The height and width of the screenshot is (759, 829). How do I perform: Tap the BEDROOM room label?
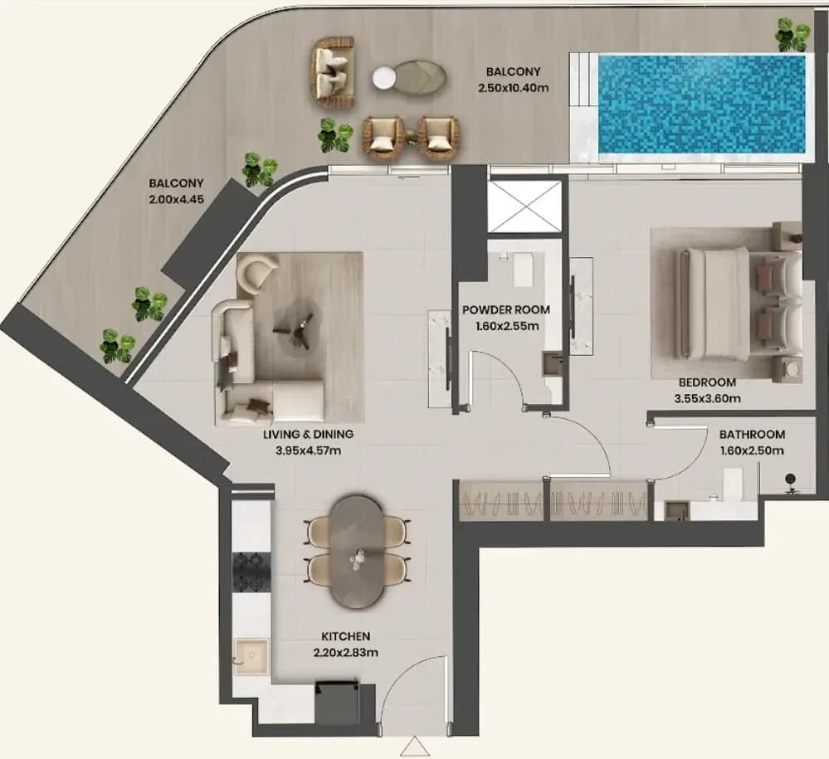pyautogui.click(x=707, y=382)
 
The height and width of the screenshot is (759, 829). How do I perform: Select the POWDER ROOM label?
pyautogui.click(x=506, y=309)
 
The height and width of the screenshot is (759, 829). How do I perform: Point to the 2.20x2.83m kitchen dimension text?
pyautogui.click(x=346, y=653)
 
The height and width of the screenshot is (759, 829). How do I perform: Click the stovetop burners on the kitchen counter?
pyautogui.click(x=252, y=572)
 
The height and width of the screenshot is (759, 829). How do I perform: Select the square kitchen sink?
pyautogui.click(x=251, y=656)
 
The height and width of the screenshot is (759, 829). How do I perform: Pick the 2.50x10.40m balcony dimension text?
pyautogui.click(x=514, y=88)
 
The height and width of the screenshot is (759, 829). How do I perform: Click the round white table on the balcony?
pyautogui.click(x=384, y=78)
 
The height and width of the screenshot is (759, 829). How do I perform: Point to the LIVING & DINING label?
pyautogui.click(x=308, y=435)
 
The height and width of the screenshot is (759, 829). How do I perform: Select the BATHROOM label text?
pyautogui.click(x=752, y=435)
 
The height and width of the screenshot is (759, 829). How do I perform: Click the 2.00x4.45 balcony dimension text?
pyautogui.click(x=177, y=200)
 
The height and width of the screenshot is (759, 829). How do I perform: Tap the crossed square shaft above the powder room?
pyautogui.click(x=524, y=207)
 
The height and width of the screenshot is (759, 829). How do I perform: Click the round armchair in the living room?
pyautogui.click(x=257, y=270)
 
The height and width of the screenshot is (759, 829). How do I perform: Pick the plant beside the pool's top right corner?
pyautogui.click(x=792, y=35)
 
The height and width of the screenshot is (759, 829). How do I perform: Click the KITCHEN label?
pyautogui.click(x=346, y=636)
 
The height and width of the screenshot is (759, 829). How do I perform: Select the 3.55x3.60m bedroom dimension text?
pyautogui.click(x=707, y=398)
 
